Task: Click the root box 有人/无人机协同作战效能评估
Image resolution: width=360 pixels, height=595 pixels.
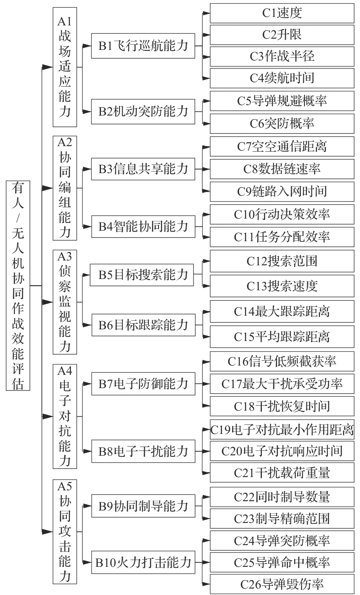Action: coord(18,285)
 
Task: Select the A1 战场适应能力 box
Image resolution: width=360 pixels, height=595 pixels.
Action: coord(65,67)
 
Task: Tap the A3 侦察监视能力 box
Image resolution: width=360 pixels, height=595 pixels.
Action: coord(65,302)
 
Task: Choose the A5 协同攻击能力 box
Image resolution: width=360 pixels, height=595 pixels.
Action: coord(65,531)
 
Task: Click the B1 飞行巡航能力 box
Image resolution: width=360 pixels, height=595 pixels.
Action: coord(143,45)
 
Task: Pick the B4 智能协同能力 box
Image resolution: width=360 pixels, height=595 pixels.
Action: coord(143,227)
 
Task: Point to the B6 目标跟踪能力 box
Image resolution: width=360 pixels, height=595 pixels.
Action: coord(144,325)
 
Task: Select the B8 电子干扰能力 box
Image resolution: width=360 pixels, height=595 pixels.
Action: coord(143,451)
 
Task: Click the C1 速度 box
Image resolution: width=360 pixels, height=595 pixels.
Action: coord(282,13)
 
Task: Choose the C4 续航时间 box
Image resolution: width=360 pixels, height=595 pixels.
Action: coord(282,78)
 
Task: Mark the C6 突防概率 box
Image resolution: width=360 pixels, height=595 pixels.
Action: coord(282,124)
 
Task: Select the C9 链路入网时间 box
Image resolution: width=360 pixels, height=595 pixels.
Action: coord(282,192)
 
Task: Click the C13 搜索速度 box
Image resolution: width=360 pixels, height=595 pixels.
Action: coord(282,286)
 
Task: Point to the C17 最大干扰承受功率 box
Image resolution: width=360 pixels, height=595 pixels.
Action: coord(282,384)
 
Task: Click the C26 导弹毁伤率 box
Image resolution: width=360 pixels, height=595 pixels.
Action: coord(282,584)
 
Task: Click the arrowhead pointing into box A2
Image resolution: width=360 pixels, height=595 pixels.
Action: coord(48,188)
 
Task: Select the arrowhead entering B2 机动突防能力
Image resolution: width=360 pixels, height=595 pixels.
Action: coord(87,112)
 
